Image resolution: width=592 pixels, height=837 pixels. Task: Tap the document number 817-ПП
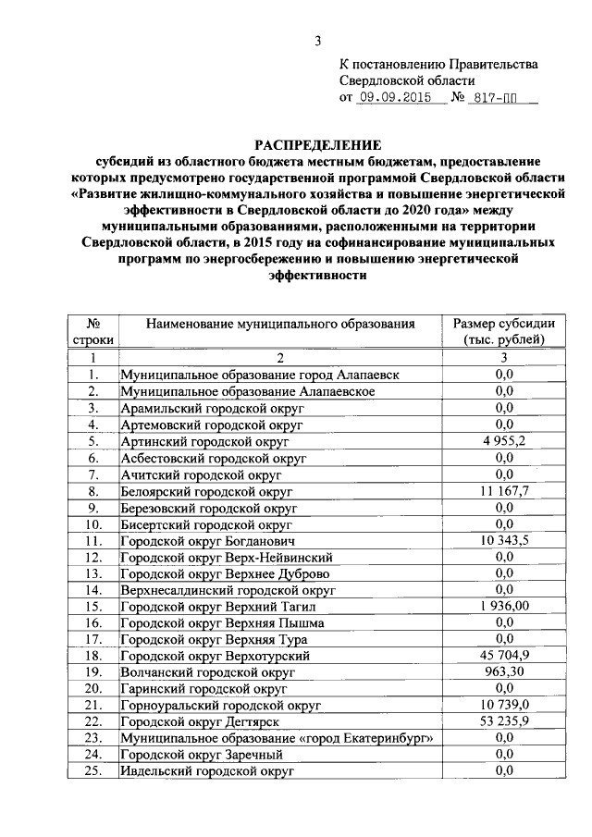point(492,97)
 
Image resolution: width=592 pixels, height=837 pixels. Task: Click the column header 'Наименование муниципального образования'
point(280,325)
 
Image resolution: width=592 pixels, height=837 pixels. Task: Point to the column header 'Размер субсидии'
point(503,325)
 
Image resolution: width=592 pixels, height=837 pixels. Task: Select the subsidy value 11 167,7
point(503,490)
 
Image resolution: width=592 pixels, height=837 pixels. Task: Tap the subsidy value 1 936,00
point(503,606)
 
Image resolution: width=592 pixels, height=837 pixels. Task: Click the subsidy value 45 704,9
point(503,655)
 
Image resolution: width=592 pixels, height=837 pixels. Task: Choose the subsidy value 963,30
point(503,671)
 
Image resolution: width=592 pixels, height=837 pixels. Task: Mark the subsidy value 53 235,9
point(503,720)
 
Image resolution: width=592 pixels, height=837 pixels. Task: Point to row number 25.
point(92,770)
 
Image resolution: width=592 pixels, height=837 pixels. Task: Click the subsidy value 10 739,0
point(503,705)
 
